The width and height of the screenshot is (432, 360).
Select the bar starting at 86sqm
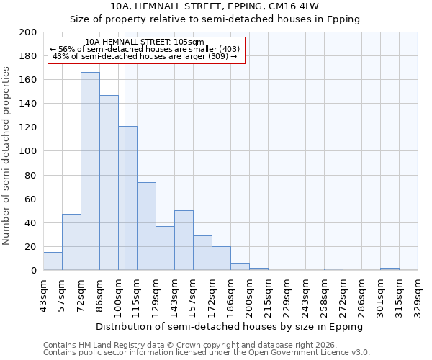pos(109,183)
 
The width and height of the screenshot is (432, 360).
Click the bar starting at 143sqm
pos(184,240)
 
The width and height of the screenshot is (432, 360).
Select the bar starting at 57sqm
pos(71,242)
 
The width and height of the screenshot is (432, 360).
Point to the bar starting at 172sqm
pos(221,258)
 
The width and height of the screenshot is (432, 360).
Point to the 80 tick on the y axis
pos(31,175)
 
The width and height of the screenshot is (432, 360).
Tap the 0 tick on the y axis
pos(34,271)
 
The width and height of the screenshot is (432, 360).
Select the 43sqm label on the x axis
pos(43,294)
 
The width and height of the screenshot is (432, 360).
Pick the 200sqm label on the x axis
pos(249,294)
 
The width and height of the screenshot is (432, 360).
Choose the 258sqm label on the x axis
pos(324,294)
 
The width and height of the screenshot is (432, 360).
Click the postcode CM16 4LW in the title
pos(285,6)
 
